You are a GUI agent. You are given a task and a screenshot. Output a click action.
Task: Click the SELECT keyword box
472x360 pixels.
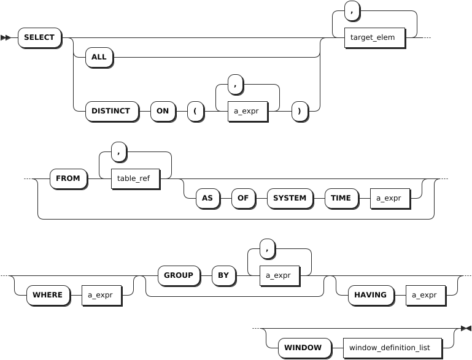(x=39, y=37)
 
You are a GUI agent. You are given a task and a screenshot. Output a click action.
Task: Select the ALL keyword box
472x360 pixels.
(x=99, y=57)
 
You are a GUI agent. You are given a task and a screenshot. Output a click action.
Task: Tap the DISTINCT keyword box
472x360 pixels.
(x=110, y=112)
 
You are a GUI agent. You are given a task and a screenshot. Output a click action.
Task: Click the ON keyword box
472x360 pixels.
(x=162, y=112)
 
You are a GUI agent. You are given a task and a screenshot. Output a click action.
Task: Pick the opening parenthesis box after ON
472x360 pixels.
(x=195, y=112)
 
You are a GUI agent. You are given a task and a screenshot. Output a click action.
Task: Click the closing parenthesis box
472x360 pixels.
(x=299, y=112)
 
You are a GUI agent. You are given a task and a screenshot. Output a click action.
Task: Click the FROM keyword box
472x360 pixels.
(x=68, y=178)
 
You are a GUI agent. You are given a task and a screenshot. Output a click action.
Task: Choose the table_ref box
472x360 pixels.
(x=134, y=178)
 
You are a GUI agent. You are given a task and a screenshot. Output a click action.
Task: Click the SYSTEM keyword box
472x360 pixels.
(x=290, y=198)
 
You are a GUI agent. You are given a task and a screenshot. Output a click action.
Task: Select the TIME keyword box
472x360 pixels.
(x=341, y=198)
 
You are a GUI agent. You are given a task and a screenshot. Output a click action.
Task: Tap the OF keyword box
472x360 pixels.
(x=243, y=198)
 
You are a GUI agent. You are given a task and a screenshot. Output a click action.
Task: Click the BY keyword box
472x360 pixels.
(x=223, y=275)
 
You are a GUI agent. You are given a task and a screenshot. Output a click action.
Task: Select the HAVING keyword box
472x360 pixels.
(x=370, y=295)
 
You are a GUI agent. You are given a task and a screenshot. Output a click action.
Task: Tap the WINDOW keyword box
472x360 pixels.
(x=304, y=348)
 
